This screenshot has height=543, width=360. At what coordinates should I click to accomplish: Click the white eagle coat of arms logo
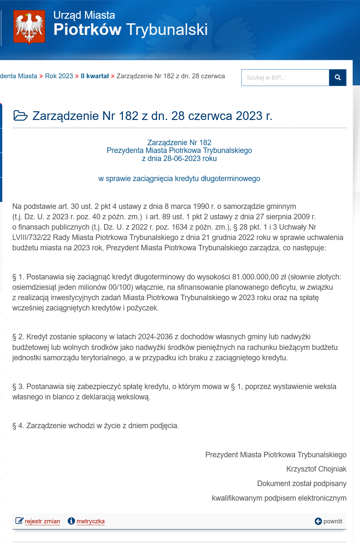point(29,27)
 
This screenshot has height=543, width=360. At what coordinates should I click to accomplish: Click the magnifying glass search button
point(338,78)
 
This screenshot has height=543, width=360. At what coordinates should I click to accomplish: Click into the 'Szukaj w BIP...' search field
point(285,78)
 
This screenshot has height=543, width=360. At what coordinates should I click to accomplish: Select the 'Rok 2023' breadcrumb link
point(59,76)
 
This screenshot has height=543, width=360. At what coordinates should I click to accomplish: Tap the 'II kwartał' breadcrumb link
point(95,76)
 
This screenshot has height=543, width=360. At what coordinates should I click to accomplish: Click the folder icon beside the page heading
point(20,115)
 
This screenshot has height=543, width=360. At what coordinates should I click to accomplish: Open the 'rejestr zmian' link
point(42,521)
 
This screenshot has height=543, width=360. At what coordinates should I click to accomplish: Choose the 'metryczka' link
point(90,521)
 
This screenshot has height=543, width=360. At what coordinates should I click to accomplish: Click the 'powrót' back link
point(332,521)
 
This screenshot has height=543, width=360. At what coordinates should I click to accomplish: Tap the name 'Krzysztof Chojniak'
point(316,469)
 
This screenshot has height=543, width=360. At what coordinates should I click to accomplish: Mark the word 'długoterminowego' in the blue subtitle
point(230,179)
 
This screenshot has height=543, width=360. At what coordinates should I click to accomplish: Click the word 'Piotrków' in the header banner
point(87,29)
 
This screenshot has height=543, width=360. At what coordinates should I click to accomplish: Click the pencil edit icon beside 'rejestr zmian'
point(19,521)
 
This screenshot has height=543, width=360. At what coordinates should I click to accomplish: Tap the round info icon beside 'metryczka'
point(71,521)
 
